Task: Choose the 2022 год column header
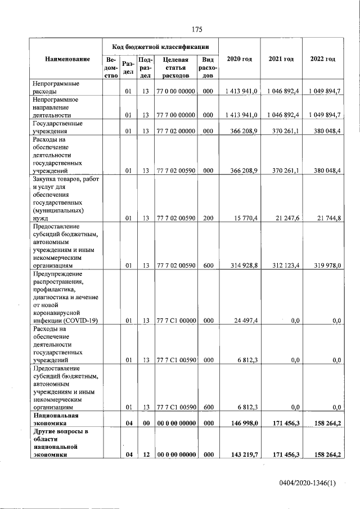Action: click(323, 59)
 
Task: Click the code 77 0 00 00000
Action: click(175, 91)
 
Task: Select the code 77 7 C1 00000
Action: click(175, 321)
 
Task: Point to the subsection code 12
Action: click(145, 454)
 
